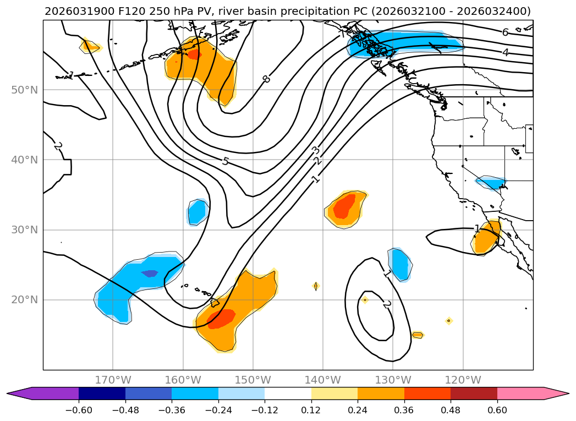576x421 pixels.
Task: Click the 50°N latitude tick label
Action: point(24,90)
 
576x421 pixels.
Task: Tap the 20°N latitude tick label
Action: point(24,300)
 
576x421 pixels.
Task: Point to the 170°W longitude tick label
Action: point(113,380)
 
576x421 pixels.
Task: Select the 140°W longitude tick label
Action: point(323,380)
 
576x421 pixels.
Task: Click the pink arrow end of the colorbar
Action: point(556,393)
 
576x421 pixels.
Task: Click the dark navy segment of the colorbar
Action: point(102,393)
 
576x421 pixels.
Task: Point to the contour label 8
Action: point(266,79)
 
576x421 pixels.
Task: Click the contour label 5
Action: point(225,161)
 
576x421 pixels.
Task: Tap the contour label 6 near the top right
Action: point(505,32)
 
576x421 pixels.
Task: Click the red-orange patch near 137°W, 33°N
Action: point(344,207)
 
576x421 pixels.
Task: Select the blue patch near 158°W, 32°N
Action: point(196,212)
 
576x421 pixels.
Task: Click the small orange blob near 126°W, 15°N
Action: point(417,335)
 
